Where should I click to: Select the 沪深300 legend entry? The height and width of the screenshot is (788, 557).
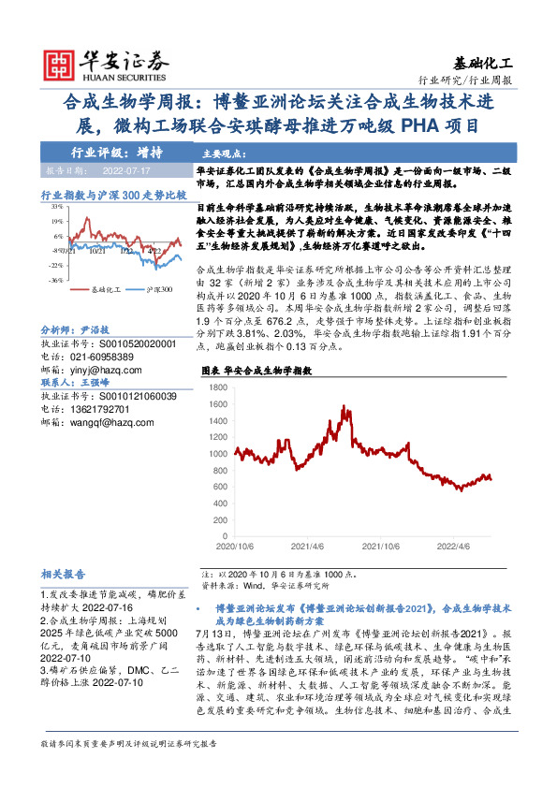157,291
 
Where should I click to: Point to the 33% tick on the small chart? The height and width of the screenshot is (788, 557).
57,209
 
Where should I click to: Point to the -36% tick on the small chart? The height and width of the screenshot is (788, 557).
56,279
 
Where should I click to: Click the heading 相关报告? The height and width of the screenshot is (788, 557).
64,574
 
